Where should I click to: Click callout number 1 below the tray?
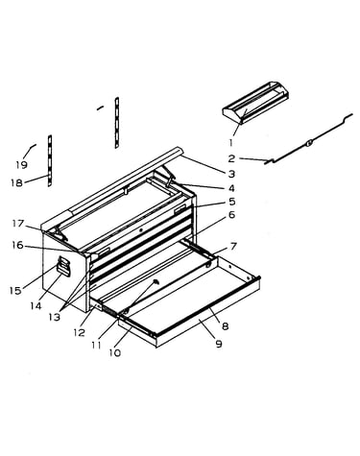click(x=231, y=142)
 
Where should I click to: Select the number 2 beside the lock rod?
click(x=231, y=158)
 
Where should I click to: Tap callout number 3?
click(x=231, y=174)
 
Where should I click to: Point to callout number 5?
click(x=231, y=202)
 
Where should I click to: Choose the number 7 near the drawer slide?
click(x=233, y=247)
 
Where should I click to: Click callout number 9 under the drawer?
click(x=219, y=344)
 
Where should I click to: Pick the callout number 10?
click(x=115, y=352)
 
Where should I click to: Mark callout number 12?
click(x=79, y=332)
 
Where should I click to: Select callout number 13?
click(x=55, y=317)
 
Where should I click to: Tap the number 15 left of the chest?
click(x=15, y=291)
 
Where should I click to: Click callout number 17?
click(x=18, y=224)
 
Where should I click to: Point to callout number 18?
click(x=16, y=182)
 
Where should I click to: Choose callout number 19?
click(x=21, y=165)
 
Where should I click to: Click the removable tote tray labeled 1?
click(x=255, y=103)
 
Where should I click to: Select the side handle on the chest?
click(x=63, y=266)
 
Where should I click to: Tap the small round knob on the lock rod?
click(x=309, y=143)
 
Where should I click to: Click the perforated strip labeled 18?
click(x=50, y=160)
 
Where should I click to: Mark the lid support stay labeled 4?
click(x=170, y=178)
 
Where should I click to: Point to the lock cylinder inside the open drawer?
click(x=156, y=281)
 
